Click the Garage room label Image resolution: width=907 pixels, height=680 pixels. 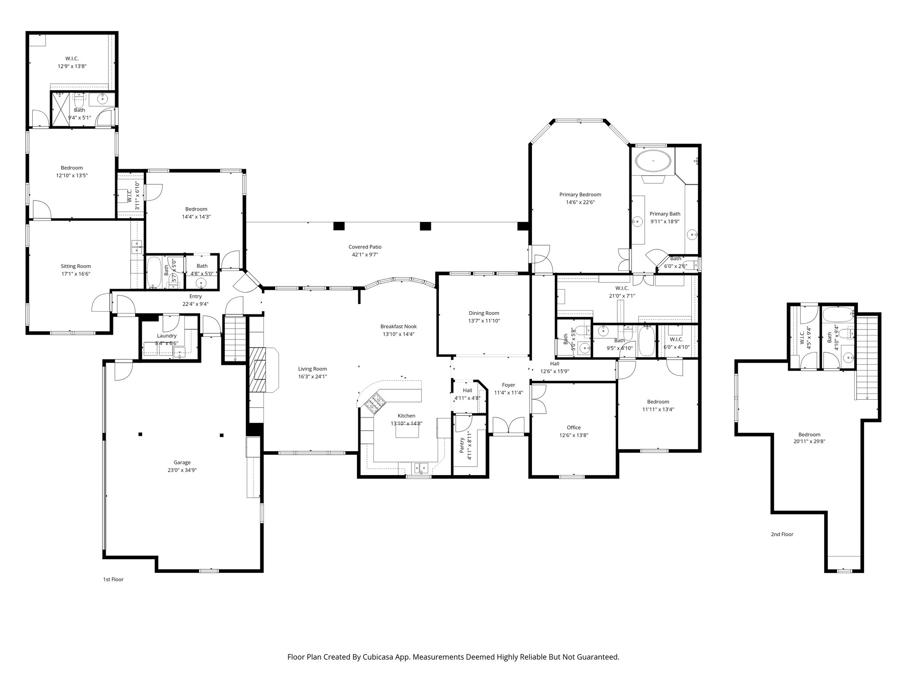pyautogui.click(x=182, y=463)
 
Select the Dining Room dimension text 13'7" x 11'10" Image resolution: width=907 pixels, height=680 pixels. pyautogui.click(x=484, y=321)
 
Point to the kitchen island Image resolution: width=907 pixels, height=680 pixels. pyautogui.click(x=407, y=431)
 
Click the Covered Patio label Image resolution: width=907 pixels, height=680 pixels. pyautogui.click(x=364, y=247)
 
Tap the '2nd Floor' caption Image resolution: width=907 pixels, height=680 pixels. pyautogui.click(x=782, y=534)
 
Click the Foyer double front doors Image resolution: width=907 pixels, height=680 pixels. pyautogui.click(x=508, y=425)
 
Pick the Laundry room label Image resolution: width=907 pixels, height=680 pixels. pyautogui.click(x=167, y=336)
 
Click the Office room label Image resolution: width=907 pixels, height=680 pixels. pyautogui.click(x=574, y=428)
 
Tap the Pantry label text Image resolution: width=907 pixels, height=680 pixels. pyautogui.click(x=461, y=445)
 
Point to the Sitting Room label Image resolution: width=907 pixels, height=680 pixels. pyautogui.click(x=76, y=266)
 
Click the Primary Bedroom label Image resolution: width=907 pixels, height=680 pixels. pyautogui.click(x=580, y=194)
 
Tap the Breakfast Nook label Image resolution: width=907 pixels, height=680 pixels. pyautogui.click(x=398, y=326)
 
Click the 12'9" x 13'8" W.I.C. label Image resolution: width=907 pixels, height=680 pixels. pyautogui.click(x=72, y=58)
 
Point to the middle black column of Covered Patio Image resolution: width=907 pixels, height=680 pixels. pyautogui.click(x=425, y=226)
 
